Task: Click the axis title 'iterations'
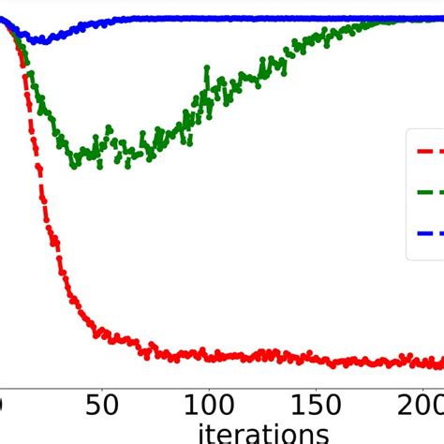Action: pos(263,433)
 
